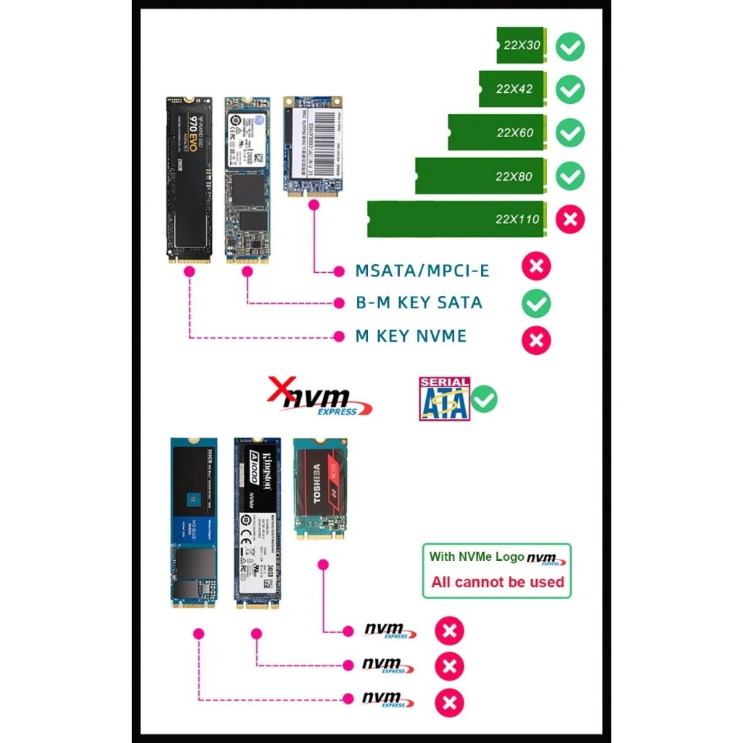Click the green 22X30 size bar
[521, 45]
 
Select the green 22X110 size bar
[456, 219]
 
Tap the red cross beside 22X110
[570, 219]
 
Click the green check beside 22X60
[570, 133]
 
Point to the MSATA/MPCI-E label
[422, 271]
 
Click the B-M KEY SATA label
[419, 303]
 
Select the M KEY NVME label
[411, 337]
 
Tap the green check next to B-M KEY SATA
[536, 303]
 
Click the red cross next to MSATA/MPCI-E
[536, 266]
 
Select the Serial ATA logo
[443, 398]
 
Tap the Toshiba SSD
[316, 488]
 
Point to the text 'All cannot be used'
[497, 582]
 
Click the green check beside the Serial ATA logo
[484, 398]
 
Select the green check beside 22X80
[570, 176]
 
